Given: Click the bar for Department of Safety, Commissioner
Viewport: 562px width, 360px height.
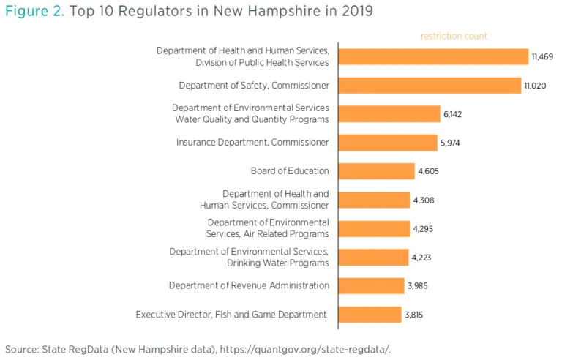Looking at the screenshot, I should point(430,86).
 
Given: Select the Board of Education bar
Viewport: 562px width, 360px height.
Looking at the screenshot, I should point(377,171).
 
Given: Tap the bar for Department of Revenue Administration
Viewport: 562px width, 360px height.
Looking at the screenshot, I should point(372,285).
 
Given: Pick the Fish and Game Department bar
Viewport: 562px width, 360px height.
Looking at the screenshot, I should point(370,315).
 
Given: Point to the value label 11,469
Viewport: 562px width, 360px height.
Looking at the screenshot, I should point(543,56).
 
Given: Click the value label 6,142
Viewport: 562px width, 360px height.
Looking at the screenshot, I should point(452,114).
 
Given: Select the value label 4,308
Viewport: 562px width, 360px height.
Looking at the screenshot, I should point(424,200).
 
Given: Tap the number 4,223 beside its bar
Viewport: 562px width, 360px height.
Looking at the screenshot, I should point(422,257).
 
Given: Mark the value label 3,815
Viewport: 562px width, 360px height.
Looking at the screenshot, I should point(413,315).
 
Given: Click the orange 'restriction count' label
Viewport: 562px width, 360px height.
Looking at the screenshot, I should point(454,36).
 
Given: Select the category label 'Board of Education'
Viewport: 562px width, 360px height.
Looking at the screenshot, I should point(290,171).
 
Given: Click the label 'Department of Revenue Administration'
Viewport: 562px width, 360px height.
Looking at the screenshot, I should point(249,285).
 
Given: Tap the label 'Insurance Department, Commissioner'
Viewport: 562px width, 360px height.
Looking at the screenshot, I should point(252,143).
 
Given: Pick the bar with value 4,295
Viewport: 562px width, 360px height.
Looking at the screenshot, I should point(374,228).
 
